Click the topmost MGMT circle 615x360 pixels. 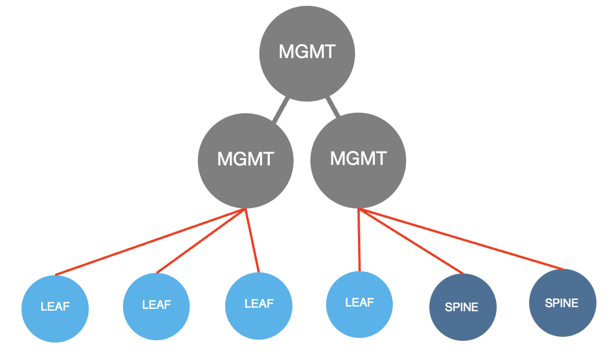[x=307, y=53]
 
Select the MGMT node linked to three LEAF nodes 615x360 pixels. [x=245, y=160]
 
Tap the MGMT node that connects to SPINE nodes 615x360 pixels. [x=358, y=160]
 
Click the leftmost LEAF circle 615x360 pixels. [x=55, y=309]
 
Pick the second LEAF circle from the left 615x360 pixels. [x=157, y=305]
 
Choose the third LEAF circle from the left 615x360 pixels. [x=259, y=304]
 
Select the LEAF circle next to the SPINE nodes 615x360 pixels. [x=360, y=304]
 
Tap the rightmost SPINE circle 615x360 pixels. [x=562, y=303]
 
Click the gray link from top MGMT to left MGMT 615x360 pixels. [x=281, y=110]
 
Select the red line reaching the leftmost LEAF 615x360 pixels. [x=151, y=242]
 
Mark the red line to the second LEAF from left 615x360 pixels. [x=201, y=240]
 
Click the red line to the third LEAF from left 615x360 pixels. [x=252, y=240]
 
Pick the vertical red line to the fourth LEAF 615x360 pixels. [x=359, y=240]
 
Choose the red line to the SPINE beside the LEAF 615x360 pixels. [x=411, y=241]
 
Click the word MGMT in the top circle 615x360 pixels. [x=307, y=52]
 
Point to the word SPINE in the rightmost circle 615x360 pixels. [x=562, y=303]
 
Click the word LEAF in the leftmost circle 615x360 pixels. [x=55, y=307]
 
